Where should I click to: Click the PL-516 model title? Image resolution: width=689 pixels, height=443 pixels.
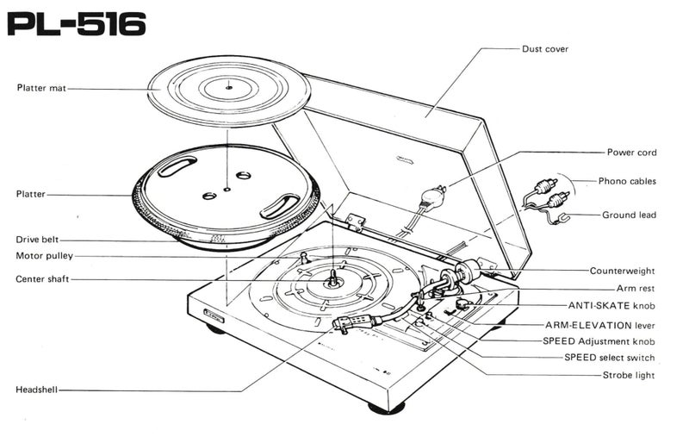(x=76, y=24)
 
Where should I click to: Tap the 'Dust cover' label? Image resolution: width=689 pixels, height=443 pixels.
(x=545, y=49)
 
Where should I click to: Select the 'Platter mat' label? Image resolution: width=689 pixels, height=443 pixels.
(x=41, y=87)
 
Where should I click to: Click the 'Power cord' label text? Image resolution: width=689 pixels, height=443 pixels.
(x=631, y=153)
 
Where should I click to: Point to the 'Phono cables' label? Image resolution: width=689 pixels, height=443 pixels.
(x=627, y=181)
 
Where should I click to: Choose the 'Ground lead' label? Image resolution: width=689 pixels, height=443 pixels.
(x=629, y=215)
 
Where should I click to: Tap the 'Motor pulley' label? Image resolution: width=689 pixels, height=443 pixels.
(x=45, y=256)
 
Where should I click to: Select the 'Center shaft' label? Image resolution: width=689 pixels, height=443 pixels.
(x=44, y=279)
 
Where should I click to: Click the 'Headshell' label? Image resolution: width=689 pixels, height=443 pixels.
(x=36, y=390)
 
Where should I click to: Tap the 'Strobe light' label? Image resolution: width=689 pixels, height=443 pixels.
(x=629, y=375)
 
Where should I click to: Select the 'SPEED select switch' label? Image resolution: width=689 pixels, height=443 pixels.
(x=609, y=357)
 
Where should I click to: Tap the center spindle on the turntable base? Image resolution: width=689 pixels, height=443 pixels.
(x=332, y=278)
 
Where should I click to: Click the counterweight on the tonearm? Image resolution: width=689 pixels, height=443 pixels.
(x=465, y=272)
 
